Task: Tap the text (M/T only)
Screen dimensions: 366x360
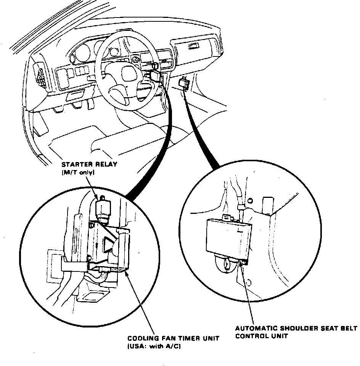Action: coord(78,173)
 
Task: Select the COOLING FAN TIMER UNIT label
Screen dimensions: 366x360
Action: coord(174,339)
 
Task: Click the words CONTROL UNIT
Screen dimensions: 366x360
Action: coord(261,336)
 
